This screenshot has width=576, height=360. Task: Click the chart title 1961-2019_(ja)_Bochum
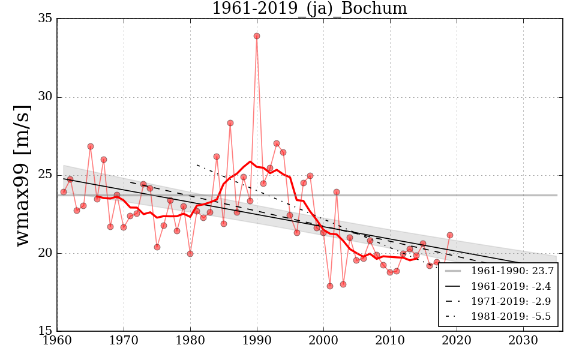(309, 9)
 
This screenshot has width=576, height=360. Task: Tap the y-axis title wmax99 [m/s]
(22, 175)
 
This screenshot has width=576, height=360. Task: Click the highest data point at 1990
(257, 36)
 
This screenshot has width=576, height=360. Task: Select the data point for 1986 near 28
(230, 123)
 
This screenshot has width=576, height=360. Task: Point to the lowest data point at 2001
(330, 286)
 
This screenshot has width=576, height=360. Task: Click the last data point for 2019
(450, 235)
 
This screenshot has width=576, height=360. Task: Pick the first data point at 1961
(64, 192)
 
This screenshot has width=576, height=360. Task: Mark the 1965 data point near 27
(91, 146)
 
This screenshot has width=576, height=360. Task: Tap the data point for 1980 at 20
(190, 254)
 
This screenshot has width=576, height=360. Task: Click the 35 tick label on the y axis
(44, 19)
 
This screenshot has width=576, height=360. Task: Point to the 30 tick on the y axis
(44, 97)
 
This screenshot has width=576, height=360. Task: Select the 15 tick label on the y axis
(44, 331)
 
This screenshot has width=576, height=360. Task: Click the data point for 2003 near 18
(343, 284)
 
